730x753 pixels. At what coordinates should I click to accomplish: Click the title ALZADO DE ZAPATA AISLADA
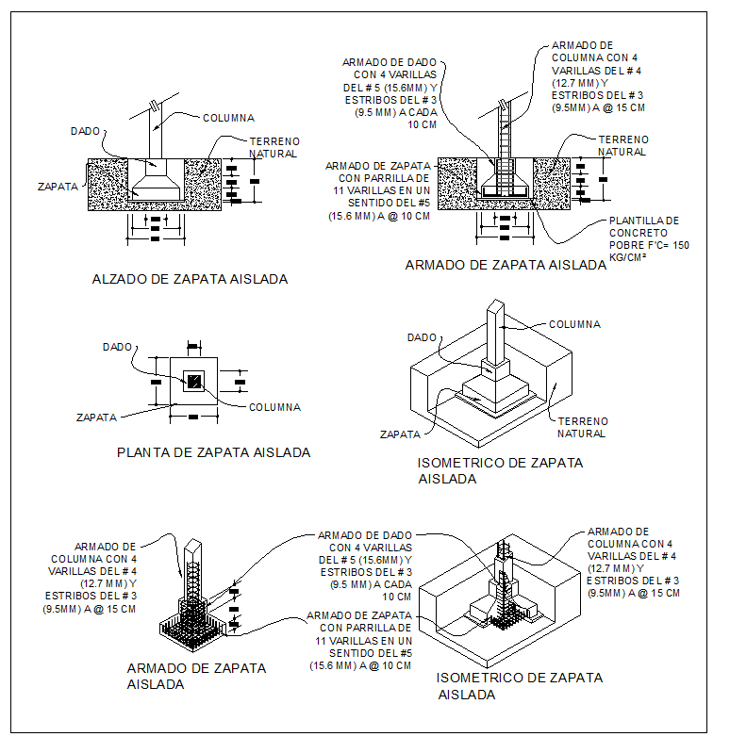190,280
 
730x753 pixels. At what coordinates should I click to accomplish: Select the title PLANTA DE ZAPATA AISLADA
213,452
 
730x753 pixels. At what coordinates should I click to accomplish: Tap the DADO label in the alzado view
86,130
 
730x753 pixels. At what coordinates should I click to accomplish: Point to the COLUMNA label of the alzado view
229,118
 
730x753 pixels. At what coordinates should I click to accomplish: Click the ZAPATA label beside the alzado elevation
58,187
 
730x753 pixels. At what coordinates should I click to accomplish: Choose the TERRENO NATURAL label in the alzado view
274,147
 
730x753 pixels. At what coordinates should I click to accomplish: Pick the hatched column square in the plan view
194,382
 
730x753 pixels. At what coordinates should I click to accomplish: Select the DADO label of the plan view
118,347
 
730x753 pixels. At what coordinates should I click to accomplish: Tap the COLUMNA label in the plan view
275,408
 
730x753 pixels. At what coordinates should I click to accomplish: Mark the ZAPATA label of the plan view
97,416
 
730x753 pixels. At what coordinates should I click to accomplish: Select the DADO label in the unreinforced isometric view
422,337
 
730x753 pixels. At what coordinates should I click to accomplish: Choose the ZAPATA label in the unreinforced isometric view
399,435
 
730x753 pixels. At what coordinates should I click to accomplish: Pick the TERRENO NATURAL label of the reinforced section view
623,145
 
